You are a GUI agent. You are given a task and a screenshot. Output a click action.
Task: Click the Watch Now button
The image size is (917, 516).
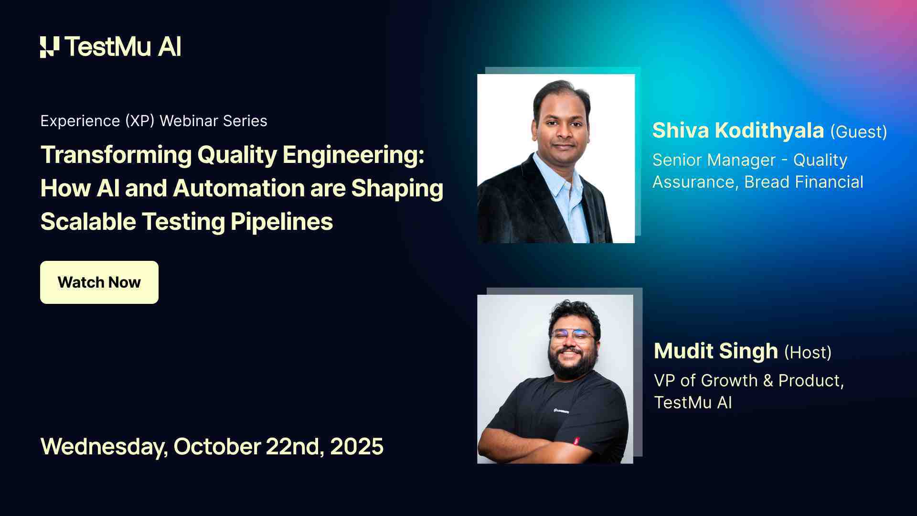point(99,282)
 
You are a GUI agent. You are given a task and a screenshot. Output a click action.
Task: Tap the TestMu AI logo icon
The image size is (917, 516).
point(50,47)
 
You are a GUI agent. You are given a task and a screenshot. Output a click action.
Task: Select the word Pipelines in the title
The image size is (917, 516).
point(282,222)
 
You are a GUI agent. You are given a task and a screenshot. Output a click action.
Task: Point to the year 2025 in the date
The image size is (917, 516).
point(356,447)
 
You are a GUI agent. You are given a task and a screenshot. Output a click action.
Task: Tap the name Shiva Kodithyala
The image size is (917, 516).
point(738,130)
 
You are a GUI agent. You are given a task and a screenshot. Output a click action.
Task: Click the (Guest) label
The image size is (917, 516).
point(858,132)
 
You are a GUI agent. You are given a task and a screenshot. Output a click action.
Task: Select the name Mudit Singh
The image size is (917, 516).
point(715,351)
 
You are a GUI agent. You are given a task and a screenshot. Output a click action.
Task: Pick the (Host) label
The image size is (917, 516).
point(808,353)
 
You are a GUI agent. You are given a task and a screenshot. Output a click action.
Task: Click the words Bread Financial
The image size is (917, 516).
point(803,182)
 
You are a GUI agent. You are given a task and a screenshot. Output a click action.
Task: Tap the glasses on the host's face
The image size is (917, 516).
point(573,336)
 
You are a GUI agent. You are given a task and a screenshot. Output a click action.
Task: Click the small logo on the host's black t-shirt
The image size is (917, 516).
point(561,410)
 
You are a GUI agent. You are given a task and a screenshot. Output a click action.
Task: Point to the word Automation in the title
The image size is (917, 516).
point(239,188)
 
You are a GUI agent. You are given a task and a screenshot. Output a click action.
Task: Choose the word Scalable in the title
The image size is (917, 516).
point(88,222)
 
